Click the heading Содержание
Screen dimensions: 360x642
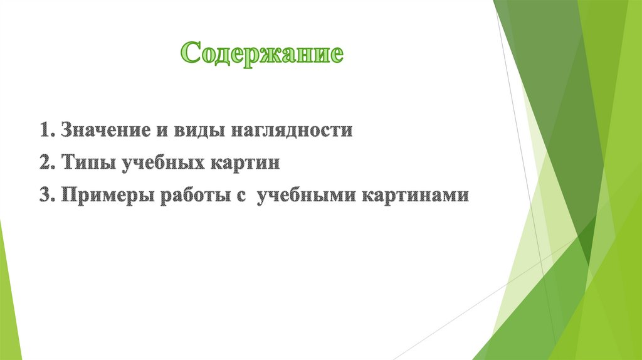(262, 54)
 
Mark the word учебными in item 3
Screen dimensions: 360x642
(305, 195)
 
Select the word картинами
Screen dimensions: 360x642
(414, 195)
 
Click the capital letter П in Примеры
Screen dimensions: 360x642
(68, 195)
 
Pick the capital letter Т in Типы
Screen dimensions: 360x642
(67, 164)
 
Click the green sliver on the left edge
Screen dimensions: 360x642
(9, 295)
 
